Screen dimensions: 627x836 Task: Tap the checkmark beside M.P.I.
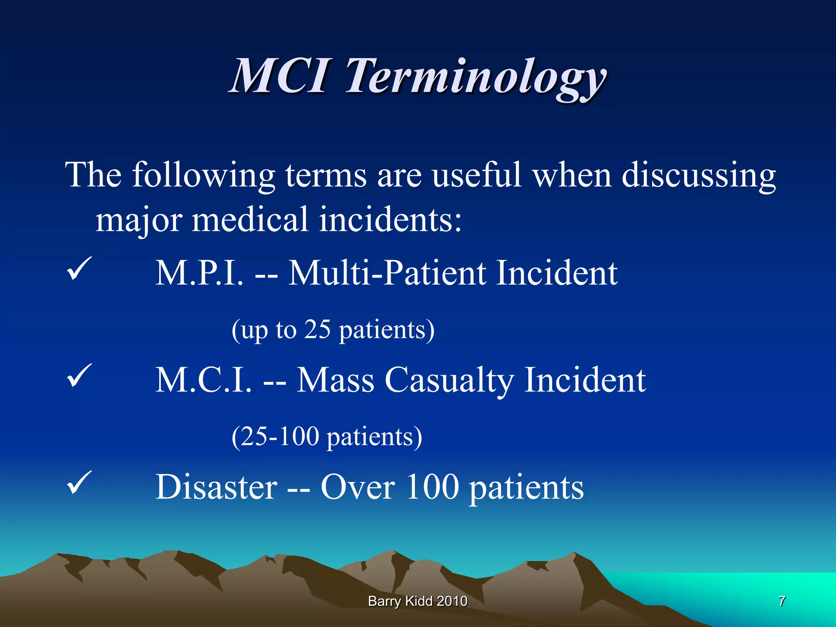pyautogui.click(x=78, y=268)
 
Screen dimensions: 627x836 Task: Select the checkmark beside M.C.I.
pyautogui.click(x=78, y=375)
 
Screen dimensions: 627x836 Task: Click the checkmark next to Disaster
pyautogui.click(x=78, y=482)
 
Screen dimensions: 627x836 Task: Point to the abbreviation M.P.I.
pyautogui.click(x=199, y=273)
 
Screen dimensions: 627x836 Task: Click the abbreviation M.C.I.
pyautogui.click(x=203, y=380)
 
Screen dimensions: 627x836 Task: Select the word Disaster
pyautogui.click(x=216, y=487)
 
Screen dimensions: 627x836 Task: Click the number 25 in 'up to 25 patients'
pyautogui.click(x=317, y=329)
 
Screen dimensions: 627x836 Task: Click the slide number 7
pyautogui.click(x=781, y=601)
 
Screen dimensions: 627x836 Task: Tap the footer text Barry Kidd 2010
pyautogui.click(x=418, y=601)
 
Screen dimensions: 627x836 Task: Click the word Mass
pyautogui.click(x=335, y=380)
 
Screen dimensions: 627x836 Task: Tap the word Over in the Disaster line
pyautogui.click(x=357, y=487)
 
